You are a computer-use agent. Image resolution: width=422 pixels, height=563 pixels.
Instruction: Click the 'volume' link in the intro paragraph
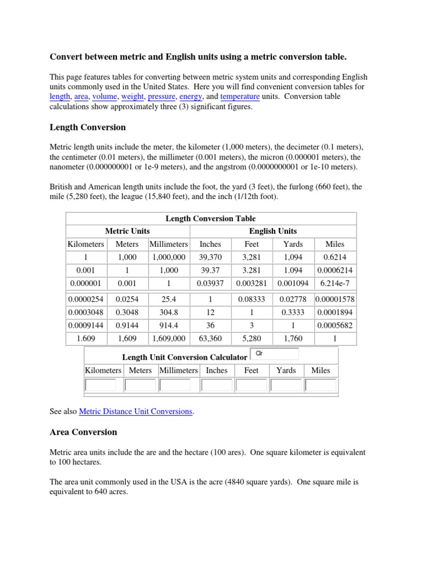click(103, 97)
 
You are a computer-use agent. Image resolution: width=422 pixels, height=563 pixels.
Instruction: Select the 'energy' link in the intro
click(191, 97)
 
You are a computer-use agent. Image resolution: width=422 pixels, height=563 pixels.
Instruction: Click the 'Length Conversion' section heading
click(88, 128)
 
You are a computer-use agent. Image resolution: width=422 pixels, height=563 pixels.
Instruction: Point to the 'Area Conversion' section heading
click(84, 432)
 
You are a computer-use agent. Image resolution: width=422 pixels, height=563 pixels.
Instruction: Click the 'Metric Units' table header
click(127, 231)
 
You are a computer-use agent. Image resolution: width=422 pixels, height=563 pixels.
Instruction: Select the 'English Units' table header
click(273, 231)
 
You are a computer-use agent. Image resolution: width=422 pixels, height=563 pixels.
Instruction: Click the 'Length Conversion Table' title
click(210, 218)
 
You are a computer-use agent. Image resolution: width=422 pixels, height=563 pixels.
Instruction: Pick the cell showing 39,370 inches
click(210, 257)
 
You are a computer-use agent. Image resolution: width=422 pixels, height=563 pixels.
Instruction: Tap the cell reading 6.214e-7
click(335, 283)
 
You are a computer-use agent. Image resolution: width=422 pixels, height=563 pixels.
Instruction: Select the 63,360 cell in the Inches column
click(210, 339)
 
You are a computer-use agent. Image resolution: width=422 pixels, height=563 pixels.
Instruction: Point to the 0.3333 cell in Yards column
click(293, 312)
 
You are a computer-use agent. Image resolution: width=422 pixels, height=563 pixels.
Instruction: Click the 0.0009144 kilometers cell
click(86, 325)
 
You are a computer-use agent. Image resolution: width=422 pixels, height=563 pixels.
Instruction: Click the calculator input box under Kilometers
click(101, 385)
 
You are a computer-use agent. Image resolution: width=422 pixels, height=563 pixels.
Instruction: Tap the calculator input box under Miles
click(321, 385)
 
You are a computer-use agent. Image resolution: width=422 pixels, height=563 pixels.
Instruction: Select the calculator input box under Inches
click(216, 385)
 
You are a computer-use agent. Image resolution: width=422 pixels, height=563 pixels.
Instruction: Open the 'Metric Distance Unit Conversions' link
click(136, 411)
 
